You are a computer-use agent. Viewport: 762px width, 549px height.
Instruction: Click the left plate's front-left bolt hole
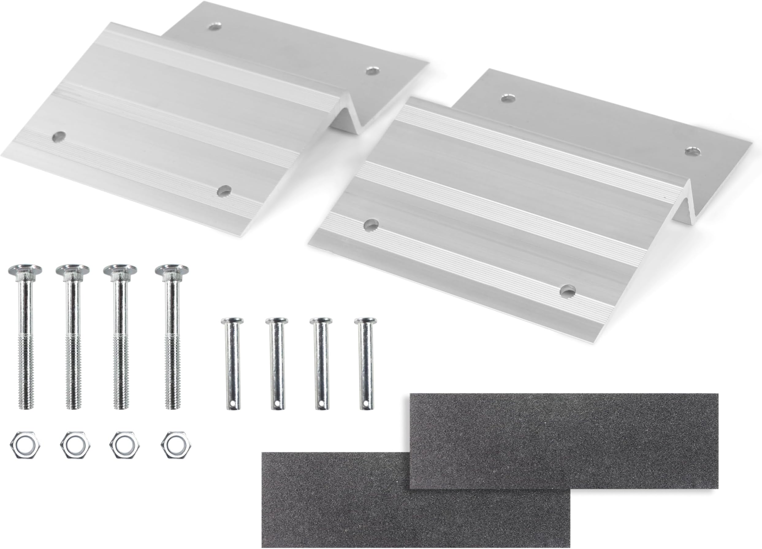59,136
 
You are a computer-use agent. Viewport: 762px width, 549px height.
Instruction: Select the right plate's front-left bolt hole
371,224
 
